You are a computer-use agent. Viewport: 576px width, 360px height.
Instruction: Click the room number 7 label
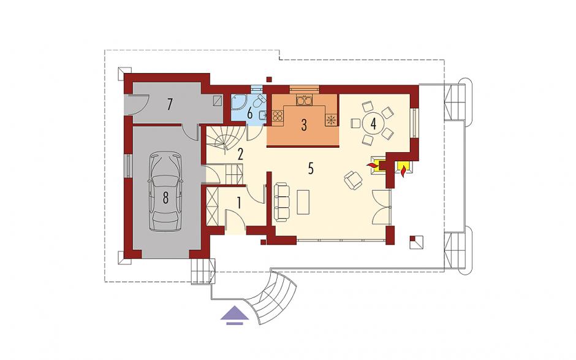[x=169, y=105]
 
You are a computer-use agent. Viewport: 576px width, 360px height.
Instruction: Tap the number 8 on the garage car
[x=165, y=198]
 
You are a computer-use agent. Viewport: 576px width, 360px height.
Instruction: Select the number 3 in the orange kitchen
[x=304, y=125]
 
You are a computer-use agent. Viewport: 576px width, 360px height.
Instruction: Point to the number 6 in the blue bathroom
[x=250, y=113]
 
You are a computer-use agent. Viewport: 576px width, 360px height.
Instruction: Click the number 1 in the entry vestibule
[x=239, y=202]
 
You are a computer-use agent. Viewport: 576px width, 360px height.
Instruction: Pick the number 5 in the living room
[x=311, y=169]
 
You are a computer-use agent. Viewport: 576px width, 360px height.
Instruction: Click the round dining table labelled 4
[x=373, y=123]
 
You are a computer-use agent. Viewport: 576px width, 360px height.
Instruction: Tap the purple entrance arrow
[x=232, y=315]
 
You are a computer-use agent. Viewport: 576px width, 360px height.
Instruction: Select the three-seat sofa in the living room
[x=281, y=202]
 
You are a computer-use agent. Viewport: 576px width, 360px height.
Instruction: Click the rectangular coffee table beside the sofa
[x=303, y=202]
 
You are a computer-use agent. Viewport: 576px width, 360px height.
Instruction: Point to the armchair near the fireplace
[x=353, y=180]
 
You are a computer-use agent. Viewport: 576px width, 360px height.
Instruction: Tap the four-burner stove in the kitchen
[x=278, y=116]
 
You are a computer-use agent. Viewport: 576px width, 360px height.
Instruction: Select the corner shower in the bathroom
[x=238, y=102]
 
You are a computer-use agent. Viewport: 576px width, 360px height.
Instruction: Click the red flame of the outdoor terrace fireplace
[x=404, y=171]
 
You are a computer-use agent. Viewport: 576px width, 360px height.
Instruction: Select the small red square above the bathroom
[x=269, y=79]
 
